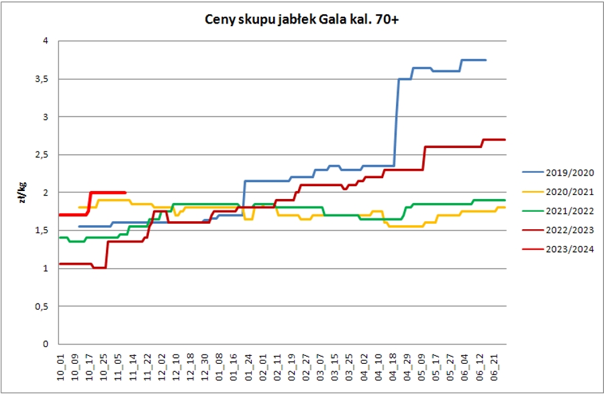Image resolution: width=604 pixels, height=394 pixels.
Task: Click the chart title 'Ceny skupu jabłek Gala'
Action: pos(301,20)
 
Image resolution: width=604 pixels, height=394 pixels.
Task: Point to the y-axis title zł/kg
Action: pos(24,192)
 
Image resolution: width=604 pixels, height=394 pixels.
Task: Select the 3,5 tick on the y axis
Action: pos(44,79)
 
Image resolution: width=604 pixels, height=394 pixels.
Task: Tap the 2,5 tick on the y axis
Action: pos(44,155)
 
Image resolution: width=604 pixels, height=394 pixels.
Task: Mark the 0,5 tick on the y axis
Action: pos(44,306)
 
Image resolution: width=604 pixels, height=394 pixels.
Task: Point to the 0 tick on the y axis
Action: pos(47,344)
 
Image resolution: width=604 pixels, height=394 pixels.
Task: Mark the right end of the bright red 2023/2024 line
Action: pos(125,192)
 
